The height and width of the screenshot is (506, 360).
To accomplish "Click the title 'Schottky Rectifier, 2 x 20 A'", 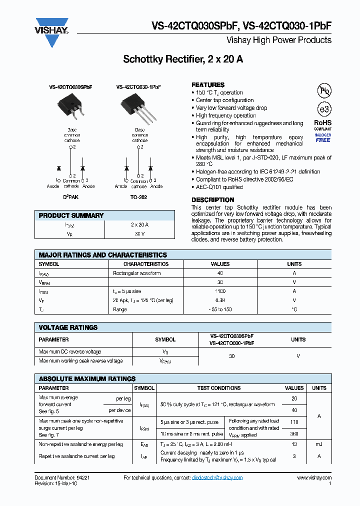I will tap(183, 59).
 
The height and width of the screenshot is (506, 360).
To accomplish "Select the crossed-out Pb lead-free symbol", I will tap(324, 90).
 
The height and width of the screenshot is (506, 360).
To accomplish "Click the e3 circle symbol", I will tap(324, 109).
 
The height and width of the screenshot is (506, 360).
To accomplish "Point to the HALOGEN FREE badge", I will tap(323, 137).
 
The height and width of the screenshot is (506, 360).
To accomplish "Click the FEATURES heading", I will tap(208, 84).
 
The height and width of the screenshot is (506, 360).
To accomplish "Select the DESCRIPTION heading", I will tap(212, 199).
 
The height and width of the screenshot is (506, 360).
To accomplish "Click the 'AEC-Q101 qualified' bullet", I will tap(219, 187).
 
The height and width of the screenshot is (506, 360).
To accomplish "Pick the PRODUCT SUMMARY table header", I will tap(71, 215).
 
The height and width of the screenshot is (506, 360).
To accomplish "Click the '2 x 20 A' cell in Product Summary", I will tap(139, 225).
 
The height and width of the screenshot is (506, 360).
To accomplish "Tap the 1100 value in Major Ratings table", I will tap(220, 291).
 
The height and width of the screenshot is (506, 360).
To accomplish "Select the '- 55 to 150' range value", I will tap(220, 309).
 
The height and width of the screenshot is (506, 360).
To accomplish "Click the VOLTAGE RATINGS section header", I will tap(68, 327).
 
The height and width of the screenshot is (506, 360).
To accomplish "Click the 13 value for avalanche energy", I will tap(294, 444).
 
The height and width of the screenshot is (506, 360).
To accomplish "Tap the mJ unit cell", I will tap(319, 444).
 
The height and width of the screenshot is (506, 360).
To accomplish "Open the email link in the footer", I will tap(217, 478).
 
